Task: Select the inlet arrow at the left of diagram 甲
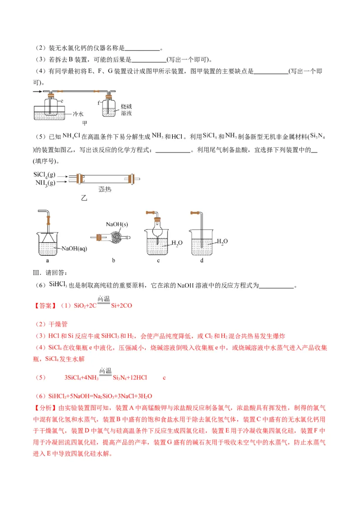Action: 38,92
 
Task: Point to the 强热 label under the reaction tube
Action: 105,189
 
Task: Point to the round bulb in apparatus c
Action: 157,227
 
